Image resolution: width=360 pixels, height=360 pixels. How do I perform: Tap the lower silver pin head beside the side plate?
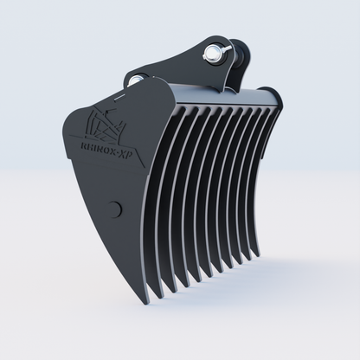click(135, 81)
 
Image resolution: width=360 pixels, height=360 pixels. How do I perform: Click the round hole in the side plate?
click(115, 208)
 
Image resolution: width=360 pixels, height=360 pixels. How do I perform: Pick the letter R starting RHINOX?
click(82, 143)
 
